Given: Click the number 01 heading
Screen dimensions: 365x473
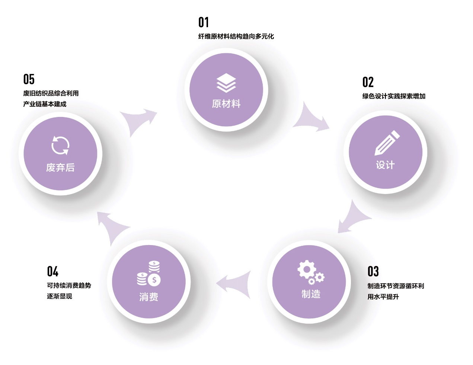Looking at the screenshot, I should click(204, 22).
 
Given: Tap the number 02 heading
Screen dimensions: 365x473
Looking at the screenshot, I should click(368, 82).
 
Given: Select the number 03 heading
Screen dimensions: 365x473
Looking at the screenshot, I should click(373, 271).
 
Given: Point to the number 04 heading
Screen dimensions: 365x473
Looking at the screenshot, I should click(52, 271).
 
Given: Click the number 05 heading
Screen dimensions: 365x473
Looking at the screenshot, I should click(29, 79).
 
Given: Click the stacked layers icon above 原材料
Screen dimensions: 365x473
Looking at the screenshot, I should click(226, 83).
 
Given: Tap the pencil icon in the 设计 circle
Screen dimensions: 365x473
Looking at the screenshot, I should click(387, 143).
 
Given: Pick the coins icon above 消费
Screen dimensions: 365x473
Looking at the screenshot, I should click(149, 274).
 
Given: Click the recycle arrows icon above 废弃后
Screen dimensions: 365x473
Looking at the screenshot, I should click(60, 145).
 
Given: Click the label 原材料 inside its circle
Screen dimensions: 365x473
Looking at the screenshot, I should click(226, 104).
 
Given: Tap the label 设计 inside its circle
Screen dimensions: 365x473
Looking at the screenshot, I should click(385, 165).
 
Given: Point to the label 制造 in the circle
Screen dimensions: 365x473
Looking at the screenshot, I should click(311, 294).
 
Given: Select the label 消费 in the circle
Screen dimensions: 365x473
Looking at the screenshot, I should click(149, 297).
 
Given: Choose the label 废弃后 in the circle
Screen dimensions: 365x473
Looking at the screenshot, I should click(60, 168).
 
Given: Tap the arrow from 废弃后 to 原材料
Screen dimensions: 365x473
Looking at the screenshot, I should click(140, 121).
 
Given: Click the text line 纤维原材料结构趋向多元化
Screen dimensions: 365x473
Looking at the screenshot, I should click(236, 36).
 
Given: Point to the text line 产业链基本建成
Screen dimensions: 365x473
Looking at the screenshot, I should click(45, 104).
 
